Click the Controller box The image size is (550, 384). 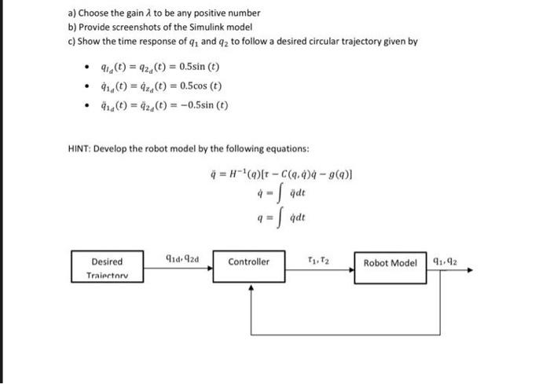tap(249, 262)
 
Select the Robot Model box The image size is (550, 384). tap(390, 262)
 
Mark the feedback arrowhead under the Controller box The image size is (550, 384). tap(251, 287)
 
